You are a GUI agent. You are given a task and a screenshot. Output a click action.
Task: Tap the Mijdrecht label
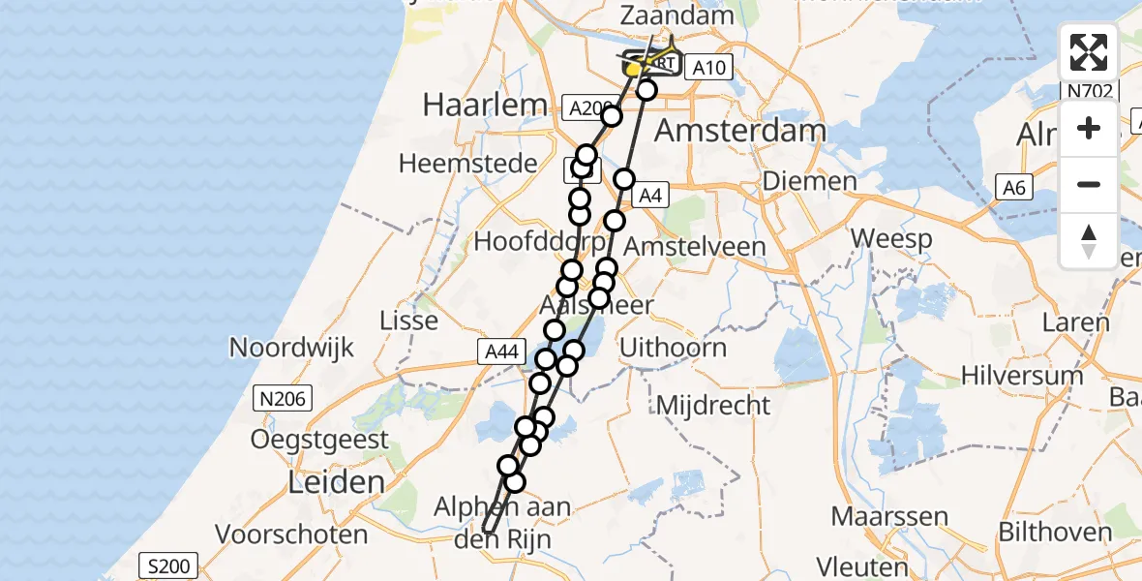pyautogui.click(x=712, y=405)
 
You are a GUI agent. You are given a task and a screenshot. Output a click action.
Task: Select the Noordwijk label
pyautogui.click(x=291, y=348)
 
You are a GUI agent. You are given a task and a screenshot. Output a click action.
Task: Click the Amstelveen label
pyautogui.click(x=694, y=246)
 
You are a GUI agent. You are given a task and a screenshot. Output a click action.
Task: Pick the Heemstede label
pyautogui.click(x=467, y=163)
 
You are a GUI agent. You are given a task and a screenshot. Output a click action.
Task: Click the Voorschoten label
pyautogui.click(x=291, y=534)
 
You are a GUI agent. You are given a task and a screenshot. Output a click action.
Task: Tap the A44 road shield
pyautogui.click(x=500, y=352)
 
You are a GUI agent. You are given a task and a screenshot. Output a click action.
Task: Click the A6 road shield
pyautogui.click(x=1013, y=189)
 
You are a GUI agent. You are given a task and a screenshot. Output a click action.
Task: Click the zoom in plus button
pyautogui.click(x=1089, y=128)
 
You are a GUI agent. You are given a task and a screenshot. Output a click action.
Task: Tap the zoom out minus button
pyautogui.click(x=1089, y=184)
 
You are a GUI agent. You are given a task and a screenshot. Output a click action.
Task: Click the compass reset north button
pyautogui.click(x=1089, y=240)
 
